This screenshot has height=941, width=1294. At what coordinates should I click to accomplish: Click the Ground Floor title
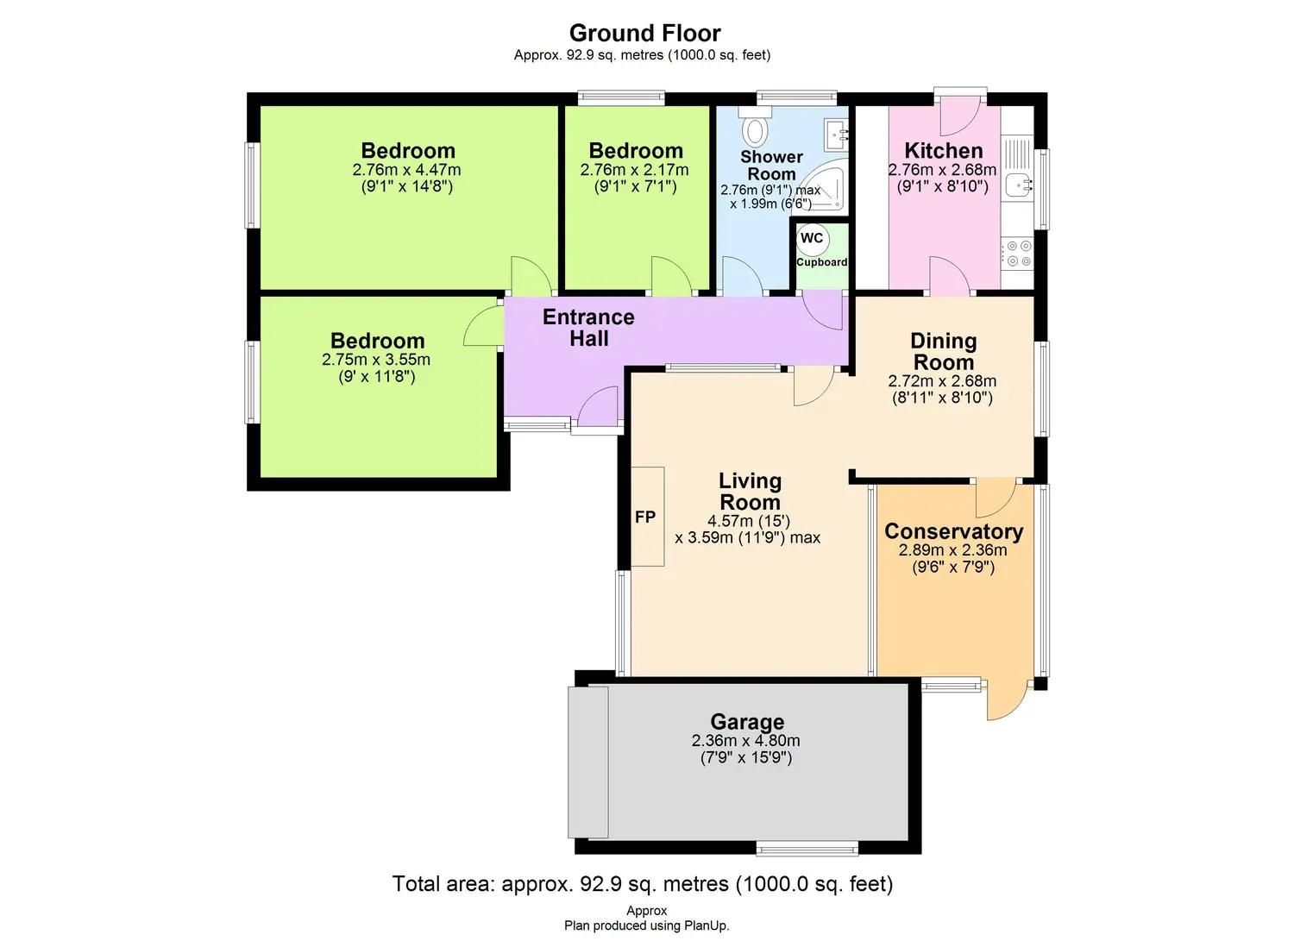644,33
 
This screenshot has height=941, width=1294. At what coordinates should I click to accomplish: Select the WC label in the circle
812,239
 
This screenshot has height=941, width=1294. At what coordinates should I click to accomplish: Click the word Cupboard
821,261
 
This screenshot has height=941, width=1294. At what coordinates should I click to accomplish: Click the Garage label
747,722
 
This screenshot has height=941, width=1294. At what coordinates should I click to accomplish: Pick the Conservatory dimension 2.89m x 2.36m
952,549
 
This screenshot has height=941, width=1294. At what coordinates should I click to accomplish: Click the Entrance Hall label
588,327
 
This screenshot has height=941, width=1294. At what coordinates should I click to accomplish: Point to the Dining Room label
944,351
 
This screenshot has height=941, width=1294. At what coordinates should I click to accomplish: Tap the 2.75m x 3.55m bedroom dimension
376,360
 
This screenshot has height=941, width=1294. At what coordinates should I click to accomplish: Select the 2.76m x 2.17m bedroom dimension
634,170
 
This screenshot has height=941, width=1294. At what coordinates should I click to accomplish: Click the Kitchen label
944,150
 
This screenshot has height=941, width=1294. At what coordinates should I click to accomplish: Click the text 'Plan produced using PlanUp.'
646,925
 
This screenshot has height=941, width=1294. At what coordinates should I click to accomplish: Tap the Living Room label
750,491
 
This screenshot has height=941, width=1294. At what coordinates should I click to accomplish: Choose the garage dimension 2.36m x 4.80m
746,740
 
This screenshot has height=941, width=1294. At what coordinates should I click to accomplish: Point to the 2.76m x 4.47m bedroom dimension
406,170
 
